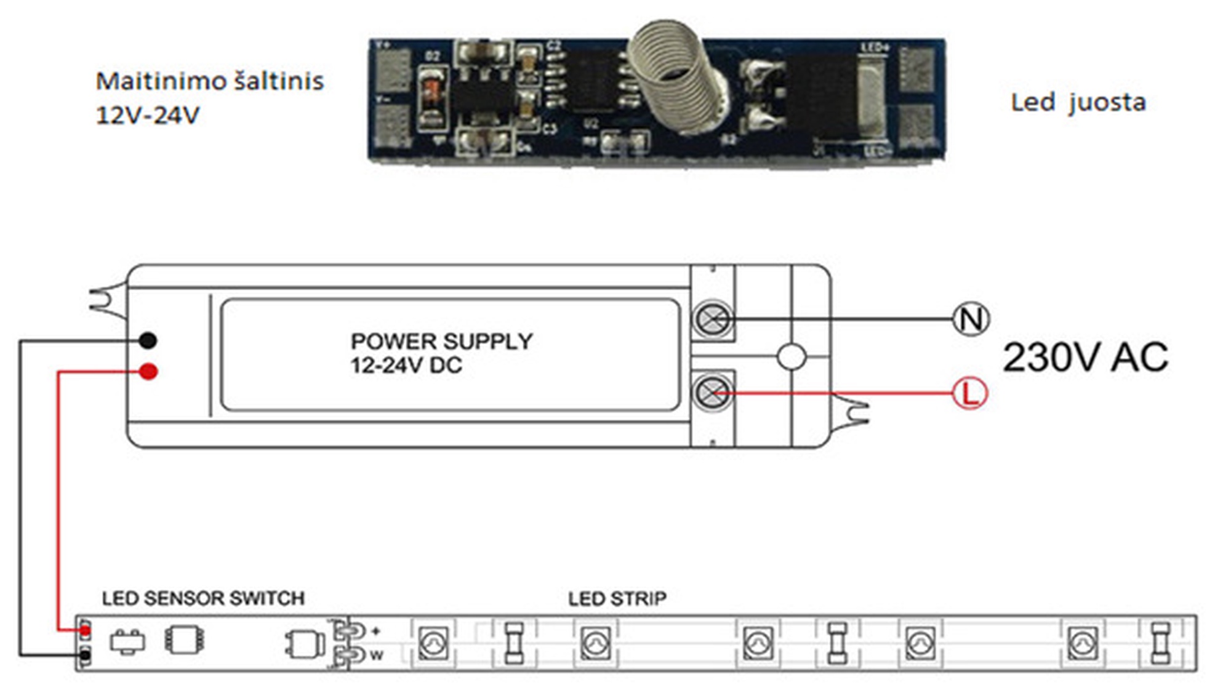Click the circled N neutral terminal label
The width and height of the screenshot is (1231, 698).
(971, 319)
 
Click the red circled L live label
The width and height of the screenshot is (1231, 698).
(969, 393)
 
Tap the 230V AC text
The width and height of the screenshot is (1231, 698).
(1085, 357)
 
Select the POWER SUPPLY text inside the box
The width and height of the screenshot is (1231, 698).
(441, 341)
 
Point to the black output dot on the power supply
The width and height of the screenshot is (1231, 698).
(148, 340)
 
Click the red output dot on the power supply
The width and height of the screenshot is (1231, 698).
(148, 371)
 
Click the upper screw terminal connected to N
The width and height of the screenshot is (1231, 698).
(713, 319)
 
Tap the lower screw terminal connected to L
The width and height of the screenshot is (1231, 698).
(713, 393)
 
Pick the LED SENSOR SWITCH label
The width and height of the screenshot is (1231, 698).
(203, 598)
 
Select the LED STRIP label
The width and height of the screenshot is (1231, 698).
(617, 598)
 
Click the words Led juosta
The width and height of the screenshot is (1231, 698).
(1078, 103)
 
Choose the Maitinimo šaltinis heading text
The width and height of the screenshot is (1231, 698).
(209, 81)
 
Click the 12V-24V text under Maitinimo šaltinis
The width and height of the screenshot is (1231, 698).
(148, 115)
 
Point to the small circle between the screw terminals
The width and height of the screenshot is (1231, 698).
(792, 356)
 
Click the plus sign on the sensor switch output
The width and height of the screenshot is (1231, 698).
(375, 631)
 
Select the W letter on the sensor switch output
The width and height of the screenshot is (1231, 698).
(376, 656)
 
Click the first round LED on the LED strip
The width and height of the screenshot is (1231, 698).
(433, 644)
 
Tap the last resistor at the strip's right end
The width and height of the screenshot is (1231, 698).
(1160, 643)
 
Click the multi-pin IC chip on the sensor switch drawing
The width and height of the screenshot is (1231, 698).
(184, 640)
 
